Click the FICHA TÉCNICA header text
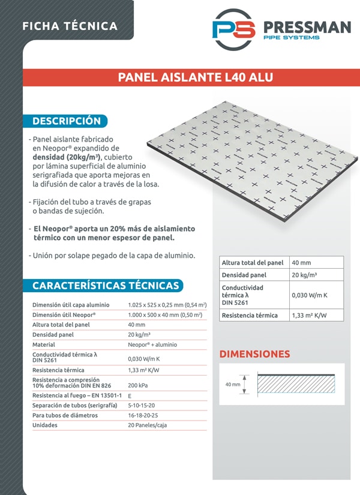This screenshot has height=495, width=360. pos(70,26)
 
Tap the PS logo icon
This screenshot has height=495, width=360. pos(233,29)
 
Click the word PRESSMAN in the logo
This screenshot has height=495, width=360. pos(307,27)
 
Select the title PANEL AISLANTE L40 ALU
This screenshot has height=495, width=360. pos(195,77)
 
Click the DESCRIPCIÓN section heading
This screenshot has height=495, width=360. pos(66,121)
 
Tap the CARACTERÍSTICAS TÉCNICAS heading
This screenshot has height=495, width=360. pos(105,286)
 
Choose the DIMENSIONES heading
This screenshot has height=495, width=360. pos(254,354)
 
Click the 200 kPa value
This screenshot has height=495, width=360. pos(138,385)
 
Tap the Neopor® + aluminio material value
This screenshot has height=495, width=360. pos(152,345)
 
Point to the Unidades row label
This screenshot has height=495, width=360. pos(45,425)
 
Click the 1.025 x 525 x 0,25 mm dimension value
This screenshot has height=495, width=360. pos(167,305)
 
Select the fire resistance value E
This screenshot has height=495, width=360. pos(130,395)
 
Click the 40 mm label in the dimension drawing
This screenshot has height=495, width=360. pos(232,384)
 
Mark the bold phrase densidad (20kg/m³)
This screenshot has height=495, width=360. pos(65,157)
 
